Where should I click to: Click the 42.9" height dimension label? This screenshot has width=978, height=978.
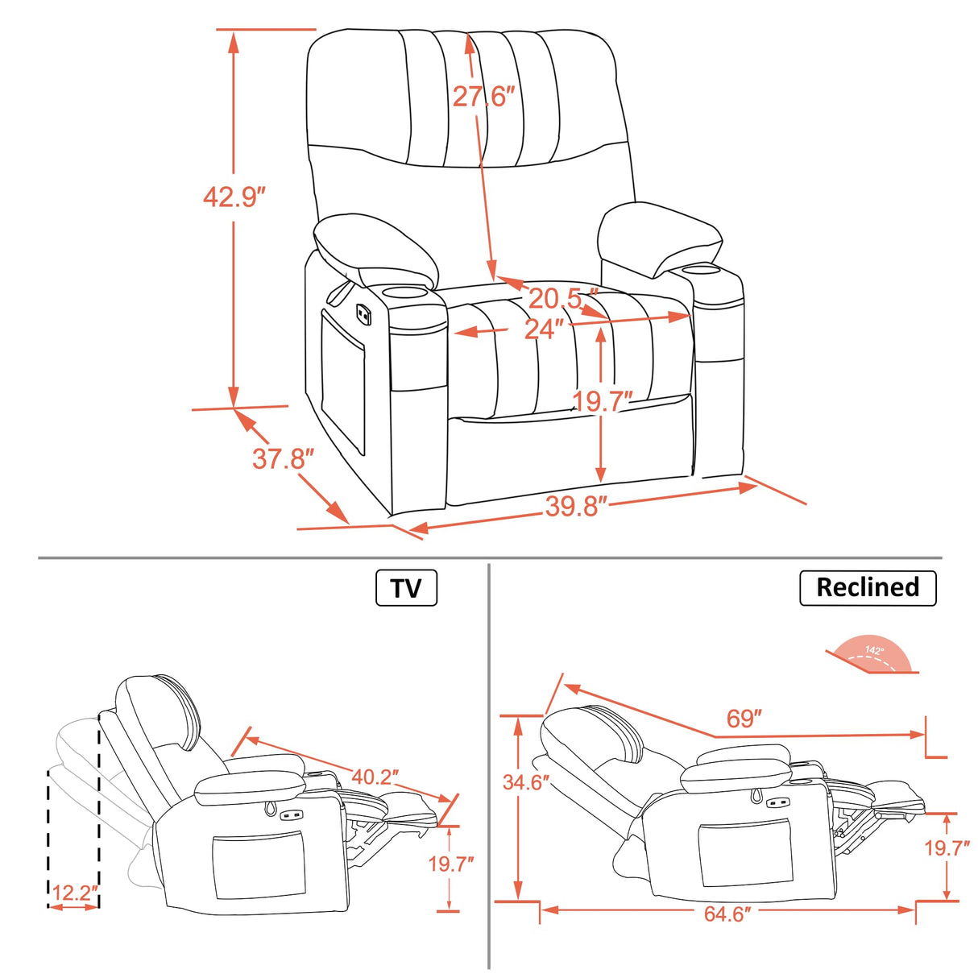coord(234,196)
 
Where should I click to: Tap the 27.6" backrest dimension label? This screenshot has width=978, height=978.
coord(483,97)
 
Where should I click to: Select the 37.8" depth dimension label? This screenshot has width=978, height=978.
coord(283,458)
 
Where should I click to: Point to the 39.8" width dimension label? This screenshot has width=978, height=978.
coord(575,506)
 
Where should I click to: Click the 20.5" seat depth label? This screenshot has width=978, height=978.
coord(563,298)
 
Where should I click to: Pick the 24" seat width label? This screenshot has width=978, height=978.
coord(544,329)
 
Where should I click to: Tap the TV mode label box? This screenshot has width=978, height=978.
coord(406,587)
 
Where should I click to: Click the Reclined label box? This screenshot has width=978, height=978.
coord(867,587)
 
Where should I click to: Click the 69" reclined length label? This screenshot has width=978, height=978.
coord(744,718)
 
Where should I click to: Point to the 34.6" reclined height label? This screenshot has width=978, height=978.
coord(526,781)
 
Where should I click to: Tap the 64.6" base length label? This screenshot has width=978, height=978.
coord(727,914)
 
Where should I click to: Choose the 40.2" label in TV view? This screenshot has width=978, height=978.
coord(375,777)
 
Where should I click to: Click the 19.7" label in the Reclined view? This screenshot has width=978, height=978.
coord(947,847)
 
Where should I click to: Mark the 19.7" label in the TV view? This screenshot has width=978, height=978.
coord(450,864)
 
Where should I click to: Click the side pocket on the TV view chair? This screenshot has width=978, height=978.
coord(259,868)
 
